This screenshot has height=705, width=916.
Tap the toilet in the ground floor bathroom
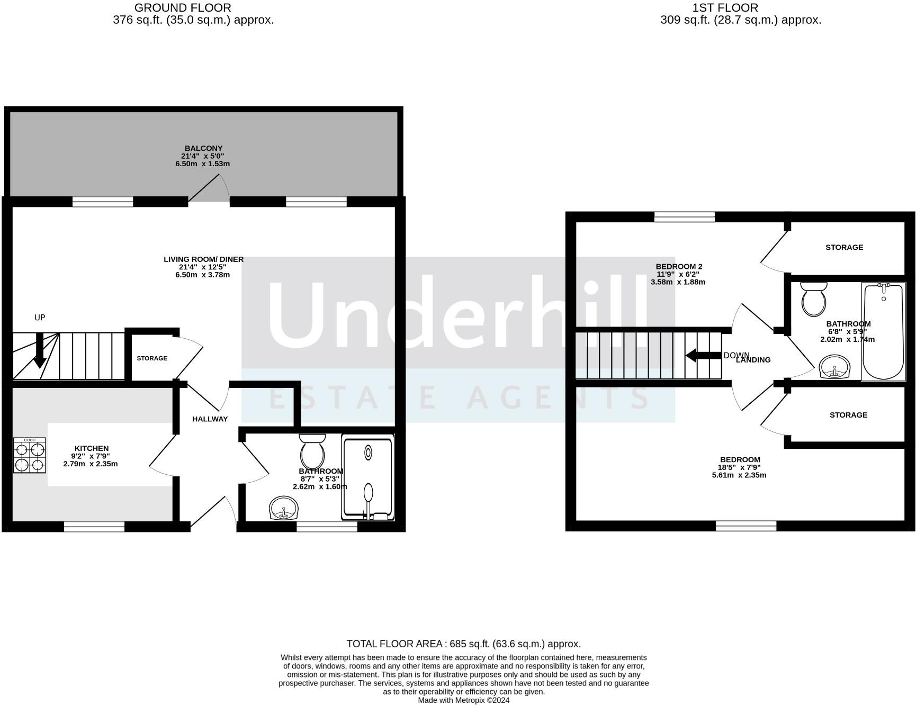(x=312, y=453)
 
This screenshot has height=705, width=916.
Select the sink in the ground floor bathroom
(x=284, y=509)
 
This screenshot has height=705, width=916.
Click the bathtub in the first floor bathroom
(x=883, y=332)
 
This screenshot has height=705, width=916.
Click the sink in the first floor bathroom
(x=834, y=367)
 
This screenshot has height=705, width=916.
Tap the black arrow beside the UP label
(x=40, y=351)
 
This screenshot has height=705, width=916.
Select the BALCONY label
(x=203, y=148)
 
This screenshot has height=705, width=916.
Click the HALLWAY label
(x=210, y=419)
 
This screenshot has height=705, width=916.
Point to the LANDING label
(x=753, y=360)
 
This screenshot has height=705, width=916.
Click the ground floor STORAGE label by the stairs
(x=152, y=358)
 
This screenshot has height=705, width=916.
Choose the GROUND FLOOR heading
(x=183, y=8)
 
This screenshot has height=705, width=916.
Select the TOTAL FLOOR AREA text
(x=463, y=644)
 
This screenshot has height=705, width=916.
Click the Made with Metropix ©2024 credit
(x=463, y=700)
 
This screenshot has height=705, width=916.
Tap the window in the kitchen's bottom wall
(x=94, y=527)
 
